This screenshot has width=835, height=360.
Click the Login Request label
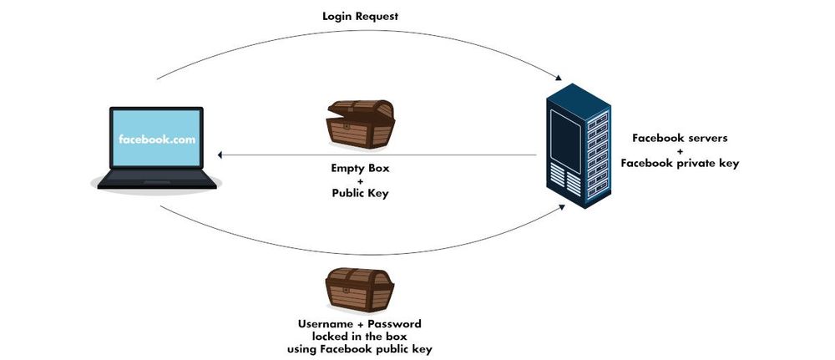point(360,17)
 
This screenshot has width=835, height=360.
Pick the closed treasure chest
point(359,290)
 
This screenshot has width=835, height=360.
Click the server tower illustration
point(578,146)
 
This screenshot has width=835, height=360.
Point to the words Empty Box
point(360,168)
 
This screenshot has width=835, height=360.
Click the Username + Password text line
point(360,322)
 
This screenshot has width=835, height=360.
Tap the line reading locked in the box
point(360,335)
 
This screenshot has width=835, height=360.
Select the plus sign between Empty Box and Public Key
point(360,180)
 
